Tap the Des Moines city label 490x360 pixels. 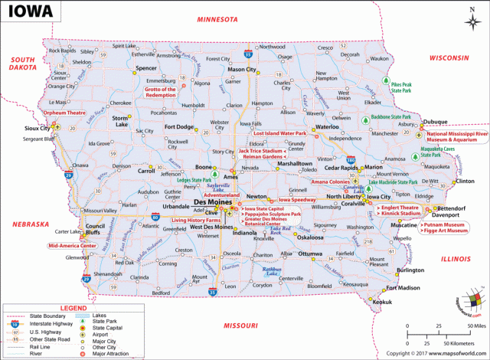[x=209, y=202]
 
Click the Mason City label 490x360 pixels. [x=242, y=70]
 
